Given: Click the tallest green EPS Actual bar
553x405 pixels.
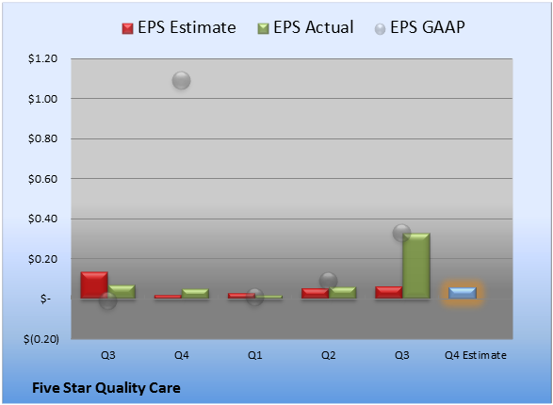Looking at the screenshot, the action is click(x=416, y=266).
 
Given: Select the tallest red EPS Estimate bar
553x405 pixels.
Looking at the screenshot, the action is click(x=94, y=285).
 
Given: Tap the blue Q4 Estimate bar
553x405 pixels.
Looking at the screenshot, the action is click(x=463, y=293).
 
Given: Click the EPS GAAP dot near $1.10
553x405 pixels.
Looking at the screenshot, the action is click(x=181, y=80).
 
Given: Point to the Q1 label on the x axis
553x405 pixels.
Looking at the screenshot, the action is click(x=255, y=355).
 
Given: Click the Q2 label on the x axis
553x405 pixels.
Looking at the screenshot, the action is click(x=329, y=355).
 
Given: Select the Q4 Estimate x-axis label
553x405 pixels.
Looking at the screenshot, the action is click(x=476, y=355).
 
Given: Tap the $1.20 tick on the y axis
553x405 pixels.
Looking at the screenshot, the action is click(x=42, y=58).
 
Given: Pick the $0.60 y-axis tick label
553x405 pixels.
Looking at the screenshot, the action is click(x=42, y=179).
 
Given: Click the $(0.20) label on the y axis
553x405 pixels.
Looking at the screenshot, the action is click(x=41, y=339).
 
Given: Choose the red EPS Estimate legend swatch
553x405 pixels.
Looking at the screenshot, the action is click(x=128, y=28).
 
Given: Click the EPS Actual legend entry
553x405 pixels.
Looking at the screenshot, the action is click(x=305, y=27).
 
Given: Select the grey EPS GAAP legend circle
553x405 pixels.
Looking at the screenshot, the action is click(x=380, y=29).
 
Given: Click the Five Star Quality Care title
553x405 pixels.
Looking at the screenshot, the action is click(x=106, y=388).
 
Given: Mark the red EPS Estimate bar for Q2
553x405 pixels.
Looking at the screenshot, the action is click(x=315, y=293).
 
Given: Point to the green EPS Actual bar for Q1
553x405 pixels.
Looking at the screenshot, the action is click(x=268, y=297).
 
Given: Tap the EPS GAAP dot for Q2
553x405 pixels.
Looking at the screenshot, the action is click(x=329, y=281).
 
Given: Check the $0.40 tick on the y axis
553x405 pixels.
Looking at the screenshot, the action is click(x=42, y=219).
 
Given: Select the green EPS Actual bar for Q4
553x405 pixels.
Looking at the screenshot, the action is click(x=195, y=294).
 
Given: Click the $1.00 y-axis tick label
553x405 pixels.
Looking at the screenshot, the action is click(x=42, y=99).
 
